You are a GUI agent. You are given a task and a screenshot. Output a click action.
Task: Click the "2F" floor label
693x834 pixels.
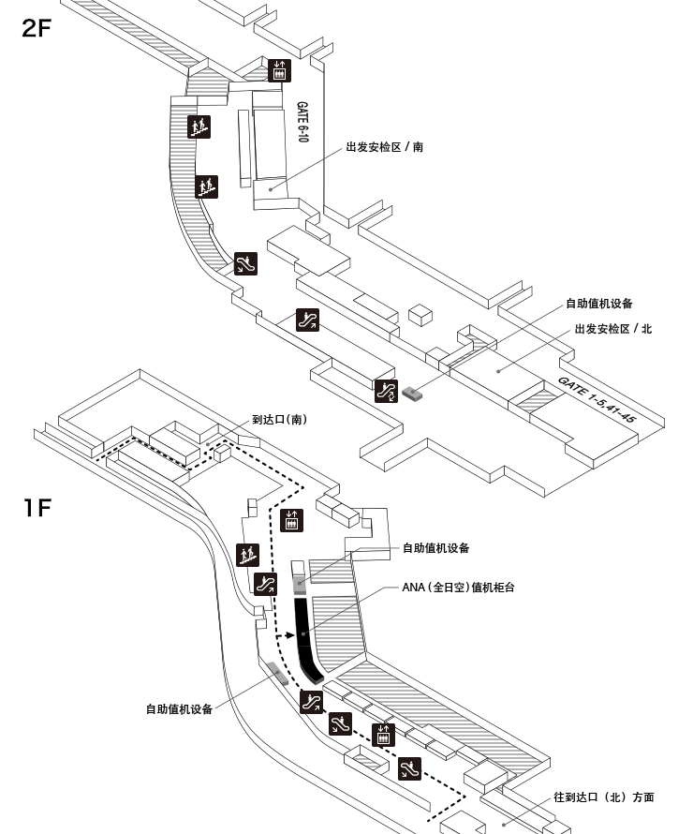(x=37, y=28)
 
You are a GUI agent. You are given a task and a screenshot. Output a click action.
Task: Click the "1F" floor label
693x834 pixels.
(x=37, y=507)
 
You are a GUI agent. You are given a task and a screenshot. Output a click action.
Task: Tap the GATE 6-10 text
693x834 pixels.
(x=302, y=122)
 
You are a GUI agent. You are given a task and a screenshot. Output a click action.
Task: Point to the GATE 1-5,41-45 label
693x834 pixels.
(x=597, y=399)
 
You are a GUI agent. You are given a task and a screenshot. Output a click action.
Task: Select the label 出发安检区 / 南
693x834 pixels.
(x=385, y=147)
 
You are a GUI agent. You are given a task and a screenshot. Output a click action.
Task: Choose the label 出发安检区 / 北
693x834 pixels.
(x=613, y=329)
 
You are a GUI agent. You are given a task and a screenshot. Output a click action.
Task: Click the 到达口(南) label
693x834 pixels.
(x=279, y=420)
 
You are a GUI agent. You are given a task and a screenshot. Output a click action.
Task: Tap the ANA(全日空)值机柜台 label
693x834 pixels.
(x=458, y=588)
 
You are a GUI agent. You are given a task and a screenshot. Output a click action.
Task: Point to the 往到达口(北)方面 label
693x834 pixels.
(x=604, y=797)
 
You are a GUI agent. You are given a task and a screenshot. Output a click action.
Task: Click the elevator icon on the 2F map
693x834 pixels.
(x=279, y=70)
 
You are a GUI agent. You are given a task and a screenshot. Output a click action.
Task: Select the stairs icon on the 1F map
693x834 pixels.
(x=247, y=555)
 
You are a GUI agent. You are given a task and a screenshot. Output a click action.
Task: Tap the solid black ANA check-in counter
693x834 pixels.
(x=306, y=639)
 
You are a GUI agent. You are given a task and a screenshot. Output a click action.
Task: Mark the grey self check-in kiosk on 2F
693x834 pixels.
(x=412, y=393)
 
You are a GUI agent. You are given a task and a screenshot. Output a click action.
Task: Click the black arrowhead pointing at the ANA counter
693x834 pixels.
(x=289, y=634)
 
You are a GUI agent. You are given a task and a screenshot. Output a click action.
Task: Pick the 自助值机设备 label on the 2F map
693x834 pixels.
(x=599, y=304)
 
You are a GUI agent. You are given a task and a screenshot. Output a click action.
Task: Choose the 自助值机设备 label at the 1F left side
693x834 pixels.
(x=179, y=709)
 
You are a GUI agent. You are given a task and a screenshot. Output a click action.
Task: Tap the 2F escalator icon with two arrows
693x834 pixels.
(x=386, y=391)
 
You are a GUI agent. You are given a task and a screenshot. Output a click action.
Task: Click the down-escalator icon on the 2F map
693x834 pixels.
(x=245, y=264)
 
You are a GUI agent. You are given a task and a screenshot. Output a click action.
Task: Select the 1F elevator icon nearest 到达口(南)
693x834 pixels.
(x=291, y=520)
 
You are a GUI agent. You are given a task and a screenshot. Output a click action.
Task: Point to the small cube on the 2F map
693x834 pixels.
(x=420, y=315)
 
